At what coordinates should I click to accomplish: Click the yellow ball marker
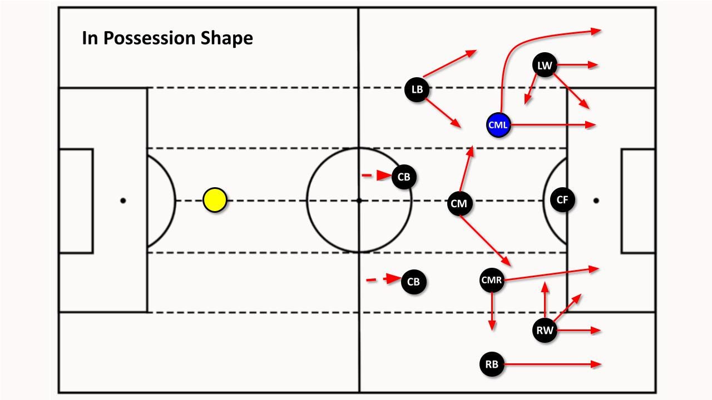(x=215, y=201)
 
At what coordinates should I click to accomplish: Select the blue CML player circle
(x=498, y=125)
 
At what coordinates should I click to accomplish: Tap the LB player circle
(x=417, y=89)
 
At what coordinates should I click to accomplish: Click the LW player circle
(x=545, y=66)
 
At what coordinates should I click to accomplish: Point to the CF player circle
(x=562, y=200)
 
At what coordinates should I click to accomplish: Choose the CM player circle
(x=459, y=204)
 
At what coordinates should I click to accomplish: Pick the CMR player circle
(x=492, y=281)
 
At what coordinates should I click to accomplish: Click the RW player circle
(x=545, y=331)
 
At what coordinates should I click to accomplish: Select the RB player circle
(x=492, y=364)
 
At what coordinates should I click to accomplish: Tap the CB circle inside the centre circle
(x=404, y=177)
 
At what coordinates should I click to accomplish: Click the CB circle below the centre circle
(x=413, y=282)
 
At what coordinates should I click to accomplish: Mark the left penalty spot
(x=123, y=201)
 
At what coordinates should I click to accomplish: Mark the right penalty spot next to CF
(x=596, y=201)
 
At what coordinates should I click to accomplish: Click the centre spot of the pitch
(x=359, y=201)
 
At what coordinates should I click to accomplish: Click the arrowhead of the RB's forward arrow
(x=597, y=364)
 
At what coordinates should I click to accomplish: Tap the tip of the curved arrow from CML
(x=597, y=31)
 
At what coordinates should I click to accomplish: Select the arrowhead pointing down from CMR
(x=492, y=326)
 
